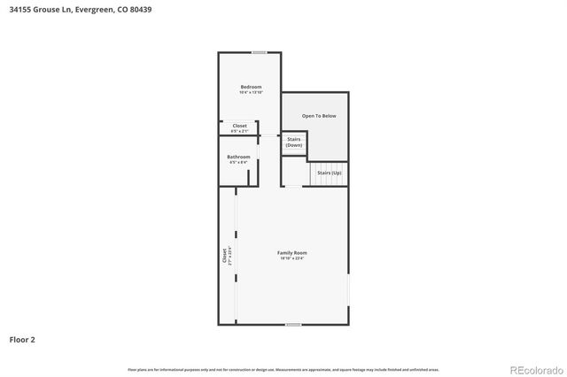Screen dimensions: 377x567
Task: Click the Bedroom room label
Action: click(251, 87)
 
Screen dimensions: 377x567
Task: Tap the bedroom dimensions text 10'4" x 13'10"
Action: click(251, 93)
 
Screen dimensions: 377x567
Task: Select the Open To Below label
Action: click(319, 116)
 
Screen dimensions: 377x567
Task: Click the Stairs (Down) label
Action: click(294, 142)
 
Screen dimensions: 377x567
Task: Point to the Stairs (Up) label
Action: click(329, 173)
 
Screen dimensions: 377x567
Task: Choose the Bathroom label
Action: click(238, 157)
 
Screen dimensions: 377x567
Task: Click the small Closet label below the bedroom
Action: click(239, 126)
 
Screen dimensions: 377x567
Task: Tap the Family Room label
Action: click(293, 253)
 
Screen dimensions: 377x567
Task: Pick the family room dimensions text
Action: click(293, 258)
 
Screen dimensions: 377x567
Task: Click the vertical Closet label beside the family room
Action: click(224, 255)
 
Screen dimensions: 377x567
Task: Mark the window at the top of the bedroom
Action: click(260, 52)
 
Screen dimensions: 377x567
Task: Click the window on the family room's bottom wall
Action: click(293, 325)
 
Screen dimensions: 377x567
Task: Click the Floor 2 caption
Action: click(22, 339)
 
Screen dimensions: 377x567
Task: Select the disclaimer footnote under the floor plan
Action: click(283, 369)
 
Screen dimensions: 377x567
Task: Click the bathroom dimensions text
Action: click(238, 163)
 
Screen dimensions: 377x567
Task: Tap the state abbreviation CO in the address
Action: click(122, 10)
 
